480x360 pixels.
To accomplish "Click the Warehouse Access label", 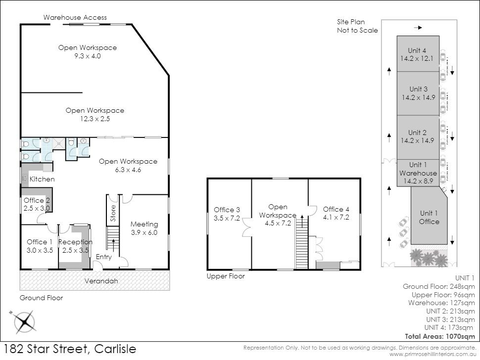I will point(75,17).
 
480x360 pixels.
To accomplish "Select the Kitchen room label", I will point(42,179).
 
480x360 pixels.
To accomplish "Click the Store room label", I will point(113,213).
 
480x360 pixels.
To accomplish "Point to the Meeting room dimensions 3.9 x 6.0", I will point(144,232).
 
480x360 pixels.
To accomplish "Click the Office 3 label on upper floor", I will point(227,210).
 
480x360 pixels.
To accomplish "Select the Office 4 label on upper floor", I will point(336,209).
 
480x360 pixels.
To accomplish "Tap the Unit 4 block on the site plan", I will point(417,54).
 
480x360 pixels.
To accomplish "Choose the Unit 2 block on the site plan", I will point(418,136).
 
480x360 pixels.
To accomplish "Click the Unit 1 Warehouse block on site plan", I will point(418,173).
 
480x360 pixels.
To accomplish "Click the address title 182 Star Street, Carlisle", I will point(69,349).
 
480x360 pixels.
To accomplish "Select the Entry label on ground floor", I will point(104,257).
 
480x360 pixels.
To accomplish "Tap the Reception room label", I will point(75,242).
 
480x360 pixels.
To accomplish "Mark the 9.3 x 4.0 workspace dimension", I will point(87,56).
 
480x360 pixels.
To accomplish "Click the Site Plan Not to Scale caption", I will point(357,26).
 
